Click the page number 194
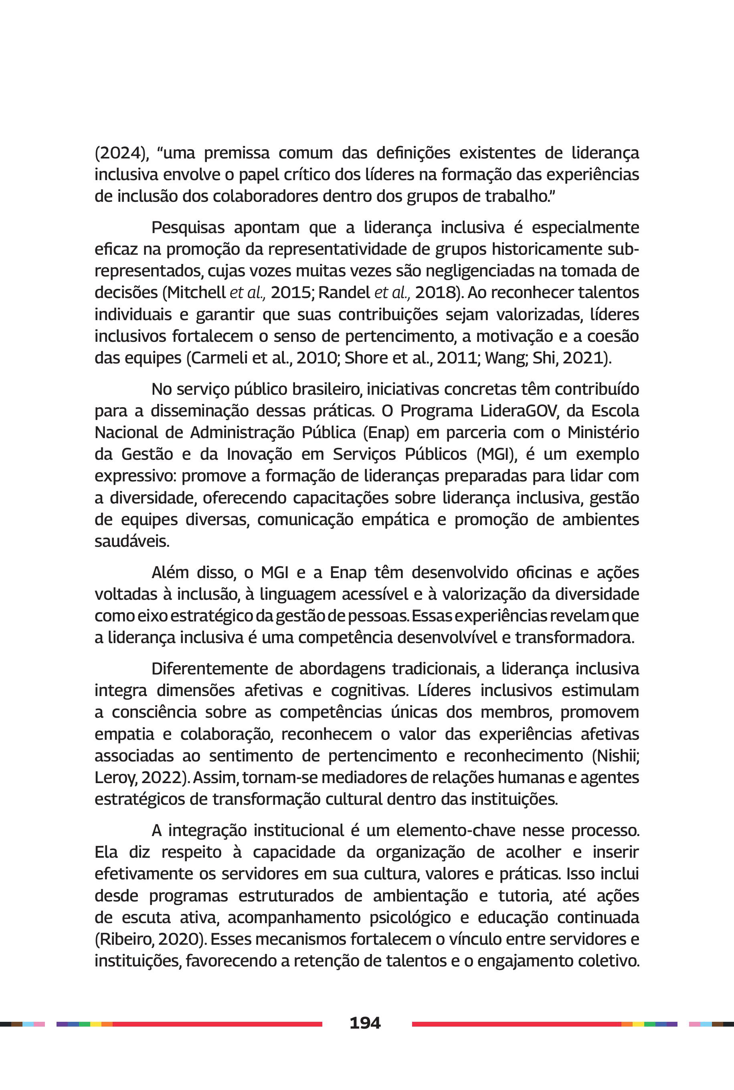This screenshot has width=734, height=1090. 365,1023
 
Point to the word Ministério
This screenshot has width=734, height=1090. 603,433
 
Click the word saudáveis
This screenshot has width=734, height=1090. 131,542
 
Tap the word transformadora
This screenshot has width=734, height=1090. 574,637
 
